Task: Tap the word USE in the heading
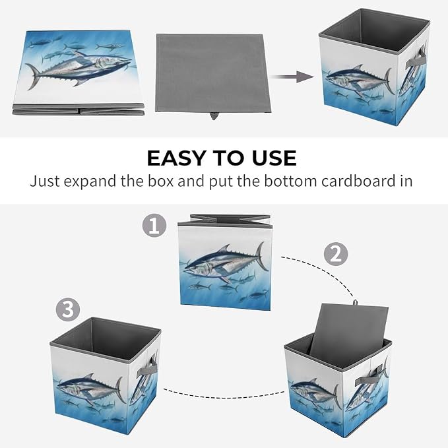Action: [x=274, y=158]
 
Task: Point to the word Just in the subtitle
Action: [x=44, y=181]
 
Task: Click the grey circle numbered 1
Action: [x=154, y=226]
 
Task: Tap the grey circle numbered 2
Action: [x=336, y=254]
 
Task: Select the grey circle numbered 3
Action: [x=68, y=309]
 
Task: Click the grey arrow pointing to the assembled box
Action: [x=292, y=77]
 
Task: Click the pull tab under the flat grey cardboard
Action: [x=213, y=115]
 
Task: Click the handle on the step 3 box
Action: [x=147, y=368]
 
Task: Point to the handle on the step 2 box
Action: [x=369, y=377]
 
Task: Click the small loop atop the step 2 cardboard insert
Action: [x=355, y=302]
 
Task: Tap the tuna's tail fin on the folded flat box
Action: [x=33, y=77]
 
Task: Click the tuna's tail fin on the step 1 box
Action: [x=262, y=256]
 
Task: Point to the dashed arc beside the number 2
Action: [x=323, y=271]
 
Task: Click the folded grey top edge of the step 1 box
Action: [x=225, y=220]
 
